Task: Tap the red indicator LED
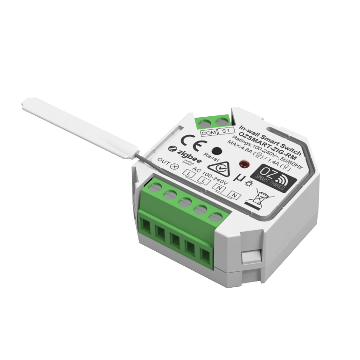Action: (243, 164)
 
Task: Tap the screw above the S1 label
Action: (222, 122)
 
